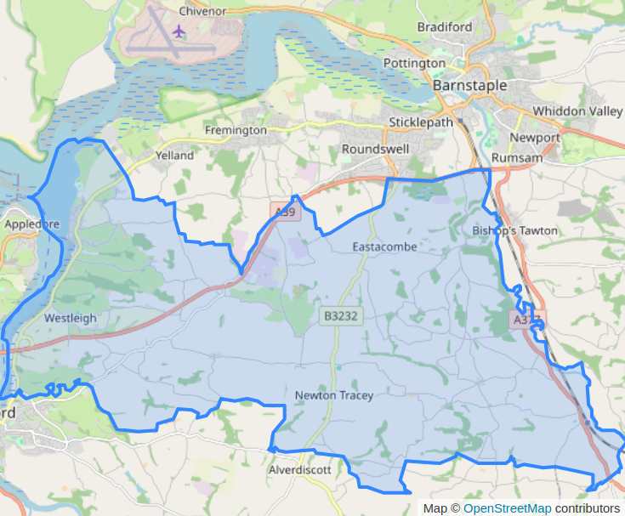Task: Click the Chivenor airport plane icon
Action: pos(179,31)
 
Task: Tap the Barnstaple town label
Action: pos(469,86)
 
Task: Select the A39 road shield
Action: pos(284,212)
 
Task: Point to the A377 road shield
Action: pos(526,319)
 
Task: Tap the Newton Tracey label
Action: pos(334,395)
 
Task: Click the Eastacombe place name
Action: pos(384,247)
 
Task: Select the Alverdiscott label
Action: pos(300,469)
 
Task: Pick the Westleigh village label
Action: pos(71,318)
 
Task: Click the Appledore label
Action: pos(31,224)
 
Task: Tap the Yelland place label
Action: pos(174,156)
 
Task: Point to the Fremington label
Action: pos(236,130)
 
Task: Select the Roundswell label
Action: pos(375,149)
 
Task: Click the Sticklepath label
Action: pos(421,122)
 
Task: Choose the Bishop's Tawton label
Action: pos(514,230)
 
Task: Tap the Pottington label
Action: pos(414,63)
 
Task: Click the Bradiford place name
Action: pos(445,27)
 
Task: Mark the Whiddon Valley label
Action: pos(577,111)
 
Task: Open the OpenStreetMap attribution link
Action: pos(507,508)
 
